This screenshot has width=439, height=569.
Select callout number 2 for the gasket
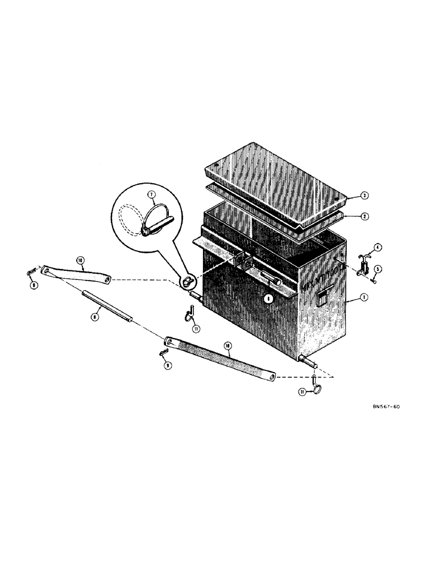[x=363, y=216]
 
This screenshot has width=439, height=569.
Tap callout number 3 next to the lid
[x=363, y=196]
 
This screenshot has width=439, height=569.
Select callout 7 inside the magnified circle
[x=152, y=195]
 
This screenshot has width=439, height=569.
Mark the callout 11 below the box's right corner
[x=303, y=391]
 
